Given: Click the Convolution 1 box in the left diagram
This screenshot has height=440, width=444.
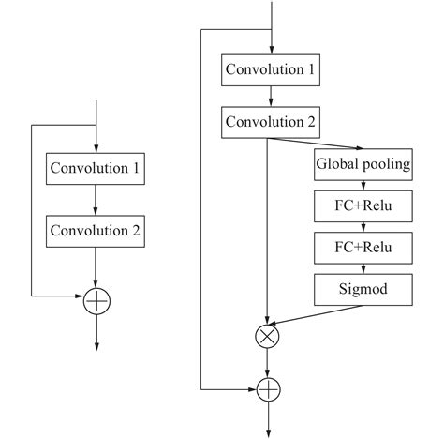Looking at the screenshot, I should click(96, 169).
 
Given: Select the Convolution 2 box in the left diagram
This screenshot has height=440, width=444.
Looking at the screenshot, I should click(96, 230).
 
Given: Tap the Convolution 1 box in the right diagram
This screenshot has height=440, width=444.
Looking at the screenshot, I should click(270, 68).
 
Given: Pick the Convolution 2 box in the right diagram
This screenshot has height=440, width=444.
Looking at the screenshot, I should click(270, 121).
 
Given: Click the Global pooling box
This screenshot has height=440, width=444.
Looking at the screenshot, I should click(363, 166).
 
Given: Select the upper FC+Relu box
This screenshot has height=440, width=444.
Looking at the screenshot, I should click(363, 206).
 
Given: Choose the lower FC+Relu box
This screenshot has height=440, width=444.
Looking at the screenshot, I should click(363, 248).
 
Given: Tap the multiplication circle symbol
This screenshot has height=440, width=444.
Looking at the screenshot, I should click(270, 333).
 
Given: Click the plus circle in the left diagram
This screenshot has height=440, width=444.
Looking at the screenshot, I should click(96, 301).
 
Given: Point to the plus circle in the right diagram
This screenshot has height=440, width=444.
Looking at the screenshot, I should click(270, 387).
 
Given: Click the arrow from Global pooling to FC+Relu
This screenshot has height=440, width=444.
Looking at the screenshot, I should click(363, 187).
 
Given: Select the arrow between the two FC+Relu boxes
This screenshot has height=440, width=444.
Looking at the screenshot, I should click(363, 227).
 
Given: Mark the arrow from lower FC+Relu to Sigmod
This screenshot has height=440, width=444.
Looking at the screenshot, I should click(363, 268).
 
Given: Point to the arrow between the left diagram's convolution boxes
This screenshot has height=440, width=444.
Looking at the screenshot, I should click(96, 200).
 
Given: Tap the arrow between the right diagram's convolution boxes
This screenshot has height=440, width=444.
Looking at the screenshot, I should click(270, 95).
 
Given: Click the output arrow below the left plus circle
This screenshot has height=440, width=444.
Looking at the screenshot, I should click(96, 333).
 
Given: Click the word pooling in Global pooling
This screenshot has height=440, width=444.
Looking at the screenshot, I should click(387, 166).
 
